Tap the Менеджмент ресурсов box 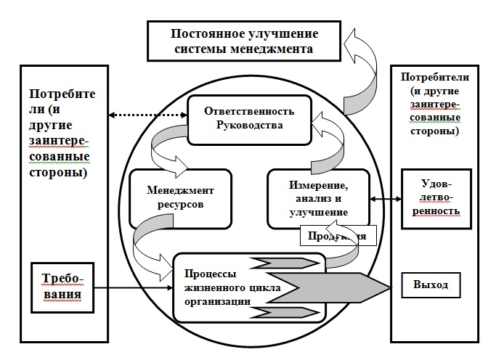click(x=180, y=197)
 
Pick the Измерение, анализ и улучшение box click(x=318, y=198)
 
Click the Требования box click(x=64, y=287)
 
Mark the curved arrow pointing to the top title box click(x=361, y=73)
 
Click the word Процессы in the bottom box click(x=208, y=274)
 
